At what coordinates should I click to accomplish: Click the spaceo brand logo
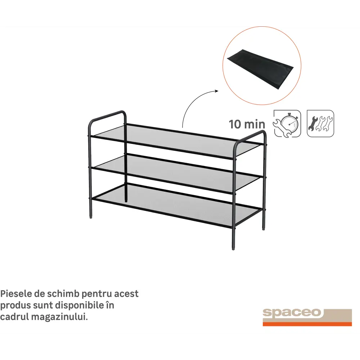pyautogui.click(x=307, y=317)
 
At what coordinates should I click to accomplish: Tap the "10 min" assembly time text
pyautogui.click(x=247, y=124)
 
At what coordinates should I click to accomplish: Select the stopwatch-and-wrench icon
pyautogui.click(x=287, y=124)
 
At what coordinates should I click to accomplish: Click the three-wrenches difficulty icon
pyautogui.click(x=320, y=123)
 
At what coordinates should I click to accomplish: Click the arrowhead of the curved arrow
pyautogui.click(x=216, y=91)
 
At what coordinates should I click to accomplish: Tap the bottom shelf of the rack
pyautogui.click(x=177, y=206)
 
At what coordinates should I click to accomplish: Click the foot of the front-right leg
pyautogui.click(x=234, y=248)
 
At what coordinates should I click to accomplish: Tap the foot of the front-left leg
pyautogui.click(x=91, y=216)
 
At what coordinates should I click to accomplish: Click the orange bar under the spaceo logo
pyautogui.click(x=307, y=324)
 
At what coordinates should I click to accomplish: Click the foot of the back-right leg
pyautogui.click(x=264, y=228)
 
